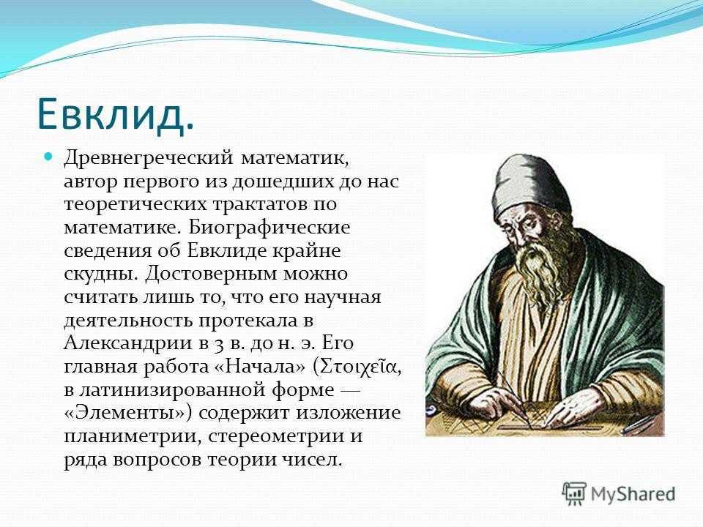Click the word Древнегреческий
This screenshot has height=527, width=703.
(x=149, y=159)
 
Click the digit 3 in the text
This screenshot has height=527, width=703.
(x=217, y=344)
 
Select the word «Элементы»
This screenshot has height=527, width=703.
(x=128, y=413)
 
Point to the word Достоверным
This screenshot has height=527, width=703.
(x=211, y=274)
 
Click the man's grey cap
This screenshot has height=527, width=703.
(x=532, y=184)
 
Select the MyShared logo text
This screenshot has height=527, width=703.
(x=633, y=494)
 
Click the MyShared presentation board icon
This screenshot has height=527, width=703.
(x=574, y=494)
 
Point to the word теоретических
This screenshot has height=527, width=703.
(x=135, y=205)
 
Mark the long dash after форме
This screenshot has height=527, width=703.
(x=350, y=391)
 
